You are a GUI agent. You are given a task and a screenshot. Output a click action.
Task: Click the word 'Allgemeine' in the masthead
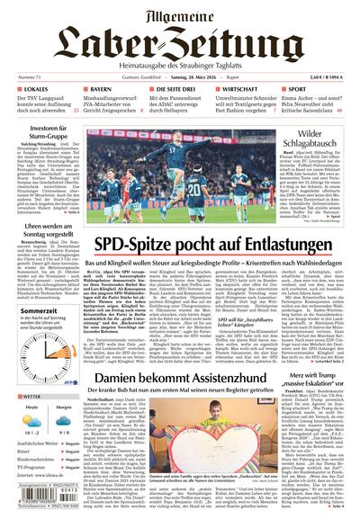pos(180,13)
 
